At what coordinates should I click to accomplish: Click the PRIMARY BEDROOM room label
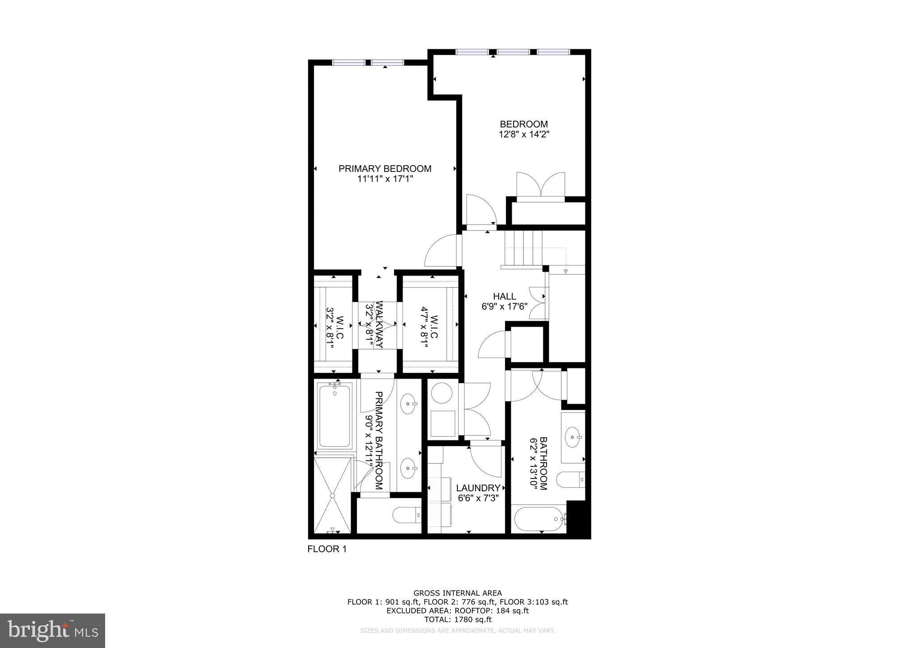tap(385, 169)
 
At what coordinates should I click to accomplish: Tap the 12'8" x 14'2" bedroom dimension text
tap(524, 134)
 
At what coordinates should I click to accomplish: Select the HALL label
tap(504, 296)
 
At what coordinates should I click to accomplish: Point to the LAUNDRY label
tap(478, 488)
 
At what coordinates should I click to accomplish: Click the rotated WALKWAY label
tap(380, 324)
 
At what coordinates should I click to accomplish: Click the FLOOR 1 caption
tap(327, 549)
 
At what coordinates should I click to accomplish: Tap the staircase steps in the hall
tap(523, 248)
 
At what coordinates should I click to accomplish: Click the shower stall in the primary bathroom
tap(332, 495)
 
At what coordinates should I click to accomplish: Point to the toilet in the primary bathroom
tap(407, 516)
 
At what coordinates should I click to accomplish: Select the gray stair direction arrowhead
tap(566, 271)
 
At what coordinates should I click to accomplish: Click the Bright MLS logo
tap(52, 631)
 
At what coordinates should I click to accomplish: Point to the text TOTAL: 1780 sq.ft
tap(458, 620)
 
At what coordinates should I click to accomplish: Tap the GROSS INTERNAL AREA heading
tap(458, 593)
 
